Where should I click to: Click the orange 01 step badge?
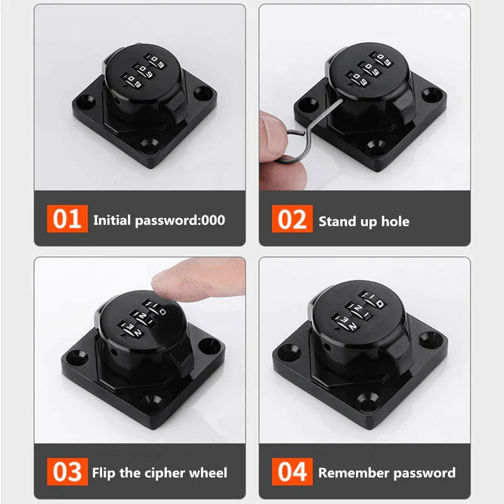tap(67, 219)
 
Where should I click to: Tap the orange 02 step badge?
tap(292, 219)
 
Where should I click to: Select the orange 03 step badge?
tap(67, 471)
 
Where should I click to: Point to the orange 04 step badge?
tap(292, 471)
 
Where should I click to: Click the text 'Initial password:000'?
tap(159, 220)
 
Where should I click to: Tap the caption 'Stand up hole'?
tap(364, 221)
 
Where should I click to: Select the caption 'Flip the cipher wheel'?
tap(159, 472)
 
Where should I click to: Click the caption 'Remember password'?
tap(386, 472)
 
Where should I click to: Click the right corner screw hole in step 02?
tap(431, 94)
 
